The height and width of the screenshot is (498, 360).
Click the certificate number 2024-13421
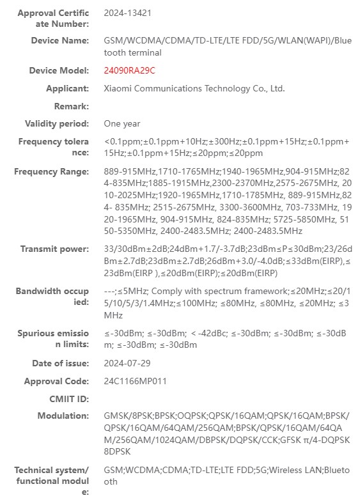128,13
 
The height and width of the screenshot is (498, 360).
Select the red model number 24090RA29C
130,70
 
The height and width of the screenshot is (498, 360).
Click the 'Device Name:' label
60,40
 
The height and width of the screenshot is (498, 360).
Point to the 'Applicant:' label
68,88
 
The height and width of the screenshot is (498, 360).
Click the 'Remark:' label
71,106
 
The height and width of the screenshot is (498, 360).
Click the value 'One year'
122,123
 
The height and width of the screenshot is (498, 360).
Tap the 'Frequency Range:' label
52,171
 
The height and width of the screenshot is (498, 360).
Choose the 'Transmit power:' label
55,249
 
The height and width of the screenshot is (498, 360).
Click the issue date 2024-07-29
128,363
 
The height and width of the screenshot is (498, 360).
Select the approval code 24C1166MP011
136,381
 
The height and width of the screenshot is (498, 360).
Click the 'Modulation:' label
63,416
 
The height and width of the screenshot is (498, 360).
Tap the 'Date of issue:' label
61,363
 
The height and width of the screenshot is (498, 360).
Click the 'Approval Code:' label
56,381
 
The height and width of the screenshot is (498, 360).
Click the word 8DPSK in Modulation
117,451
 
